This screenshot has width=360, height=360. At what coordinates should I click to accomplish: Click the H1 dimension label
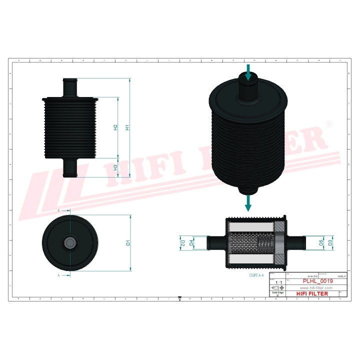(128, 127)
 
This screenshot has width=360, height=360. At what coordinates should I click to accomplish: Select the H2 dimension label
(115, 127)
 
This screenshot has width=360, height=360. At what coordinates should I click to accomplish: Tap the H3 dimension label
(115, 167)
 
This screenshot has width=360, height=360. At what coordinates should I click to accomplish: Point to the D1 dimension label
(128, 243)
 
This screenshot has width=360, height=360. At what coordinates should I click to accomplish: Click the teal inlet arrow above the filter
(248, 71)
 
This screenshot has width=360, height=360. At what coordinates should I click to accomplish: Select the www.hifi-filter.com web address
(316, 288)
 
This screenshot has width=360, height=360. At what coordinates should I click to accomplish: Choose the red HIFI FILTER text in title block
(312, 294)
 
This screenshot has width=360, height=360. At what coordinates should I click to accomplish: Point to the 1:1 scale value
(276, 283)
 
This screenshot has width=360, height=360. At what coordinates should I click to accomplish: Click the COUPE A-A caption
(256, 275)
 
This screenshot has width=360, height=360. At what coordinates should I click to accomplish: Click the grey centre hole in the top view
(69, 243)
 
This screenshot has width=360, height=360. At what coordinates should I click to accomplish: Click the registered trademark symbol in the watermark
(329, 124)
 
